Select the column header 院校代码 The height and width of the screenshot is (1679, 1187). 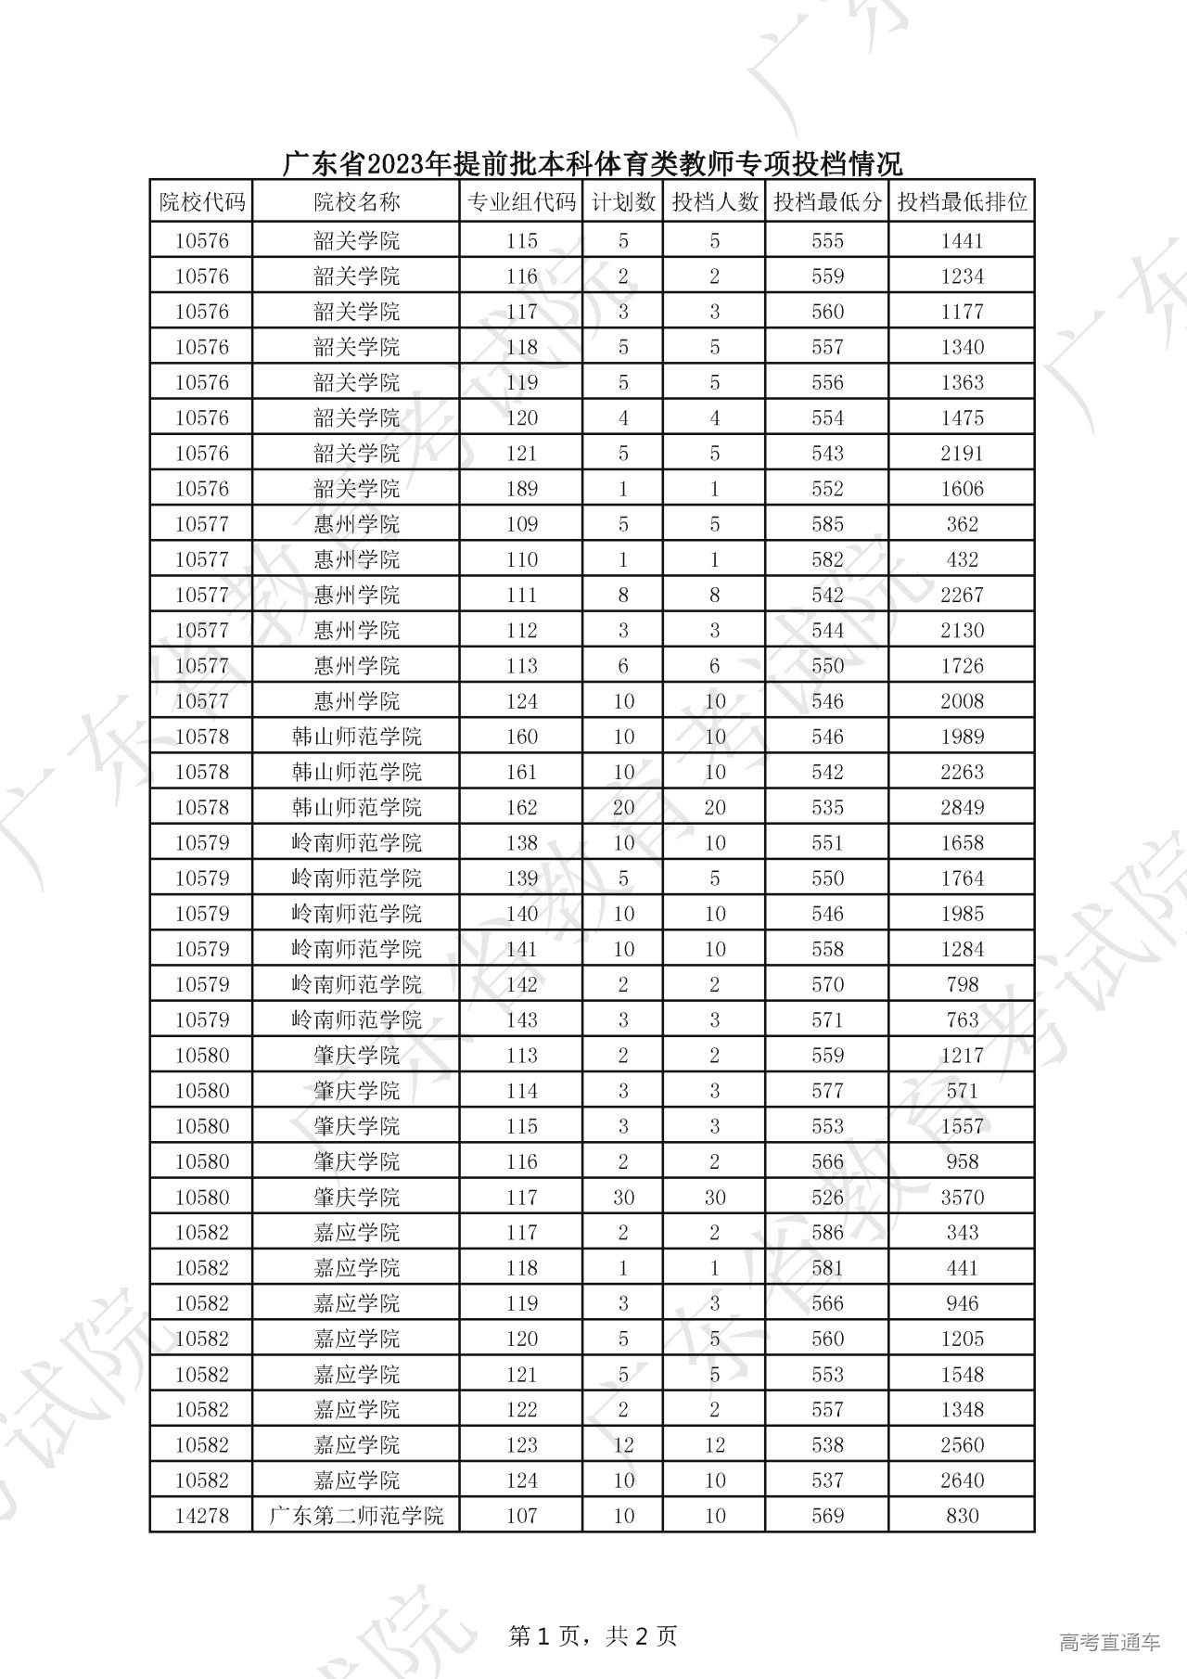201,202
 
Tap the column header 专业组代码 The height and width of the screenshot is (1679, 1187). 521,202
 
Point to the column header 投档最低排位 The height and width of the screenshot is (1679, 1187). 962,202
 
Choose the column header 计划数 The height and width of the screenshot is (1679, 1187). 623,202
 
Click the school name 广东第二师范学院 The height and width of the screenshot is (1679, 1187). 356,1516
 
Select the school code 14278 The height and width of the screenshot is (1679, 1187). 201,1516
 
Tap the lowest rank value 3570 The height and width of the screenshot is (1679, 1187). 962,1197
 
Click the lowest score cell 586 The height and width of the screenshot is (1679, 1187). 827,1232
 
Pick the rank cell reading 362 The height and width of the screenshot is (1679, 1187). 962,524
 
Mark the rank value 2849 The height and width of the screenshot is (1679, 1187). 962,807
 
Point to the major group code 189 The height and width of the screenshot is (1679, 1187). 521,489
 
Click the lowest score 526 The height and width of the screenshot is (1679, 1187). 827,1197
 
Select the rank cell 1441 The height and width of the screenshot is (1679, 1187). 962,241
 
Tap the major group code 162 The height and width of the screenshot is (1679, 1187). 521,807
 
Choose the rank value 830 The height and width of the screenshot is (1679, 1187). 962,1516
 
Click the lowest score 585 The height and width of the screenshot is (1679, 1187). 827,524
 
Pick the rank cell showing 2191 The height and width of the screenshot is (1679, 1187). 962,454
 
